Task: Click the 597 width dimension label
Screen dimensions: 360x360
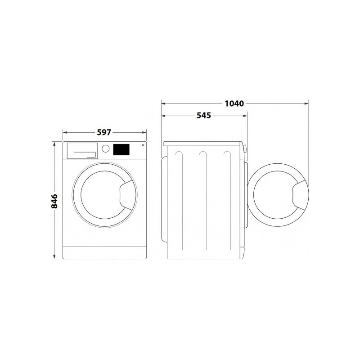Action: (104, 132)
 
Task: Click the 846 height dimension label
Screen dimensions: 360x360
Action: (54, 201)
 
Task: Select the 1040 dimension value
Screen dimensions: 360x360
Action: (234, 104)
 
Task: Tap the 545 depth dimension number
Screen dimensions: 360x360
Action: (204, 116)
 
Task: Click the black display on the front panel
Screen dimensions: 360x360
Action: (121, 149)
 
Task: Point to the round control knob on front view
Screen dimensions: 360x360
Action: (105, 148)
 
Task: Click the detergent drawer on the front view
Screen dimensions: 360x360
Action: (82, 151)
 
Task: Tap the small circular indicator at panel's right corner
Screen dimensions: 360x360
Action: (143, 145)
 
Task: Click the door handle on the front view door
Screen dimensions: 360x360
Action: (127, 195)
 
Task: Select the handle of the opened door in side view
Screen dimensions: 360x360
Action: (300, 195)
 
